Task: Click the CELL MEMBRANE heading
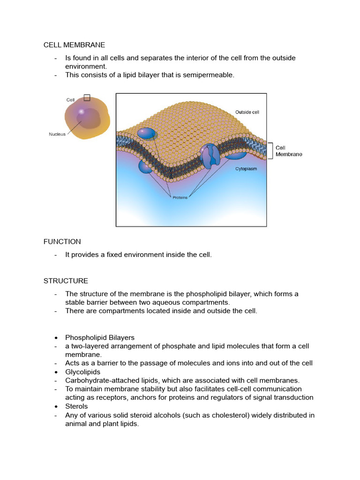pos(74,45)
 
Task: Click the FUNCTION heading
pos(62,241)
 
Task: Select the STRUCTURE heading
pos(66,281)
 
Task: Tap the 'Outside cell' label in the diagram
pos(247,112)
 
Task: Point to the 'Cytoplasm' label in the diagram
pos(246,169)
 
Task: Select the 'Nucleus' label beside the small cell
pos(57,134)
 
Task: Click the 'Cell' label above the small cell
pos(70,100)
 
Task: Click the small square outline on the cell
pos(87,97)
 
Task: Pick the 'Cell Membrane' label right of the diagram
pos(288,151)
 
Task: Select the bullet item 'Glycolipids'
pos(82,372)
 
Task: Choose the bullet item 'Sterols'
pos(76,406)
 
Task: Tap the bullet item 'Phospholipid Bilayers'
pos(99,337)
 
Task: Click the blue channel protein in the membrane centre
pos(211,157)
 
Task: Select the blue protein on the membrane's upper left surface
pos(147,134)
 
